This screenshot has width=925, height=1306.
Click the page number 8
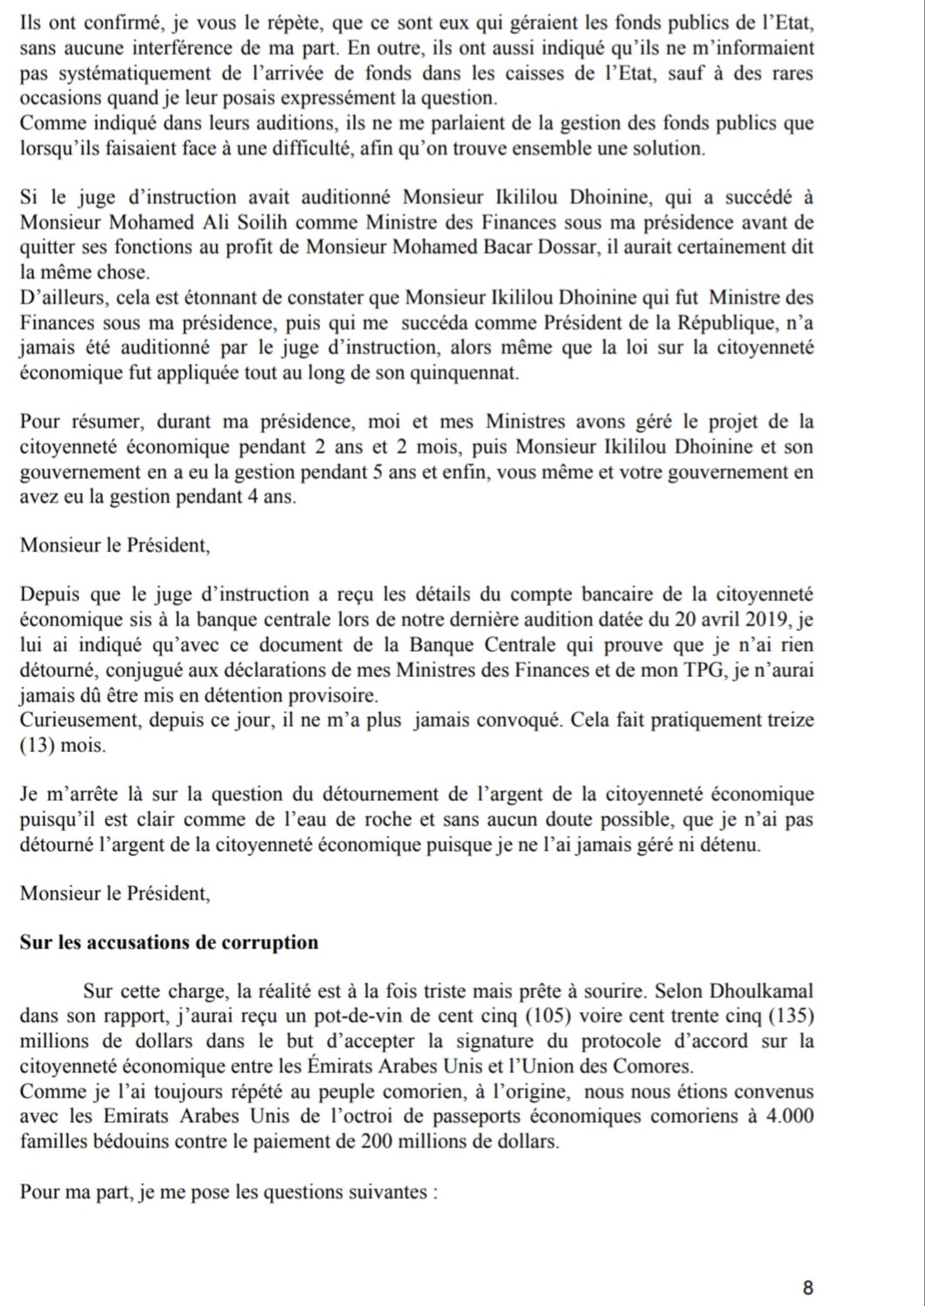point(807,1287)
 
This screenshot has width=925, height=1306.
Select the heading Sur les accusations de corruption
point(169,943)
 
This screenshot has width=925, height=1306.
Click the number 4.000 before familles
point(790,1117)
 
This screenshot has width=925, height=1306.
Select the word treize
point(788,721)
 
